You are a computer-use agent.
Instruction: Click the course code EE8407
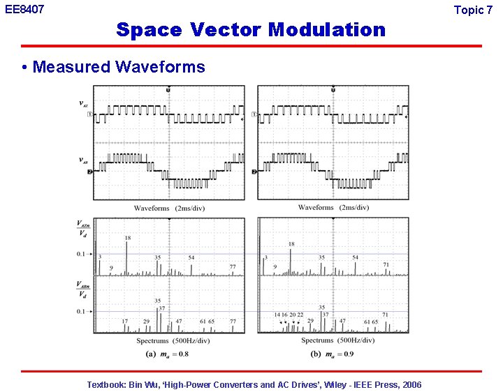pos(24,10)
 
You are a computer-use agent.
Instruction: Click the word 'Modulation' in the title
pos(326,30)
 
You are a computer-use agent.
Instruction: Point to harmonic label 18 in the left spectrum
pos(127,239)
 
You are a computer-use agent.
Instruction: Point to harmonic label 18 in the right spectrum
pos(291,244)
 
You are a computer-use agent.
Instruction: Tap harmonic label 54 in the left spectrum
pos(191,257)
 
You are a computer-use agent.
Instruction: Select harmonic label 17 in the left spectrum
pos(125,322)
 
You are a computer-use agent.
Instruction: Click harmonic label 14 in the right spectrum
pos(277,315)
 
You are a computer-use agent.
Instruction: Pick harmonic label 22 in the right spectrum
pos(300,315)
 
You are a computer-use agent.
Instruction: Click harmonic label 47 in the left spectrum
pos(179,322)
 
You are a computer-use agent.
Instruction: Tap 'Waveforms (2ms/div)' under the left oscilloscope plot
pos(168,207)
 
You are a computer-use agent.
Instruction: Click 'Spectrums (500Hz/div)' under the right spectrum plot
pos(337,340)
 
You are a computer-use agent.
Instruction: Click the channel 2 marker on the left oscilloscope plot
pos(90,171)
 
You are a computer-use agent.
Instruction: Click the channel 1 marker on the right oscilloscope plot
pos(254,114)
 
